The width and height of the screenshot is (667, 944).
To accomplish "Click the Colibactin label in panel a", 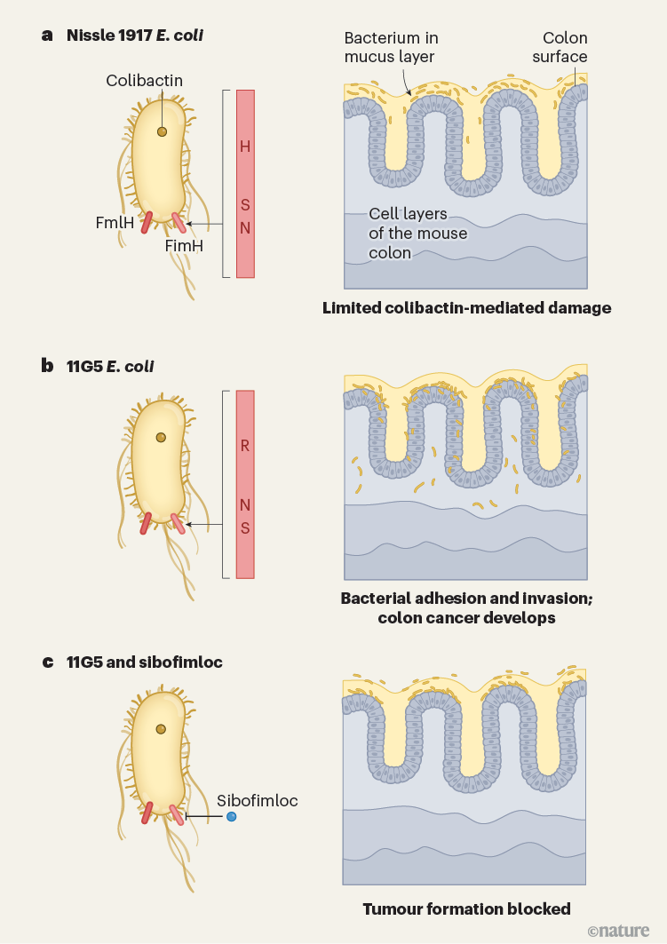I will [x=144, y=81].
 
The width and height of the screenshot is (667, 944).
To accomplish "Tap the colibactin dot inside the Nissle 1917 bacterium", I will [x=162, y=131].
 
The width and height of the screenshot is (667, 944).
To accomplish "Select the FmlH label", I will [x=115, y=224].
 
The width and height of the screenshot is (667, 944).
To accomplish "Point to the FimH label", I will [x=185, y=246].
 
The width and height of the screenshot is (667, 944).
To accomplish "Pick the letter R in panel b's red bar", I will [x=246, y=446].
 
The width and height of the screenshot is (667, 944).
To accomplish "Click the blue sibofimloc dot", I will [x=231, y=816].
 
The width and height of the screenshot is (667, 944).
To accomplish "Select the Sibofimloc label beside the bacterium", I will [x=258, y=800].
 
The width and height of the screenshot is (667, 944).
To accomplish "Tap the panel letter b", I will [x=47, y=365].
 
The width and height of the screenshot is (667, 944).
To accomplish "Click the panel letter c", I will [x=47, y=662].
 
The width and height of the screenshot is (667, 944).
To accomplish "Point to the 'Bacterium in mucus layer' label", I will [x=391, y=48].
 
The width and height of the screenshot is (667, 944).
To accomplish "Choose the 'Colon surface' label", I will [x=566, y=48].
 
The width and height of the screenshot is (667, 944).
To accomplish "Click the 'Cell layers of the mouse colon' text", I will [x=408, y=234].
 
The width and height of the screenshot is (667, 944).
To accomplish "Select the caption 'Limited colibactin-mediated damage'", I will [x=467, y=308].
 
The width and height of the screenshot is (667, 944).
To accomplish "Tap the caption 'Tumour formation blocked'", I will [x=466, y=908].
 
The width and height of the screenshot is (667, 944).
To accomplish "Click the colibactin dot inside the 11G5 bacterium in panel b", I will [x=160, y=437].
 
